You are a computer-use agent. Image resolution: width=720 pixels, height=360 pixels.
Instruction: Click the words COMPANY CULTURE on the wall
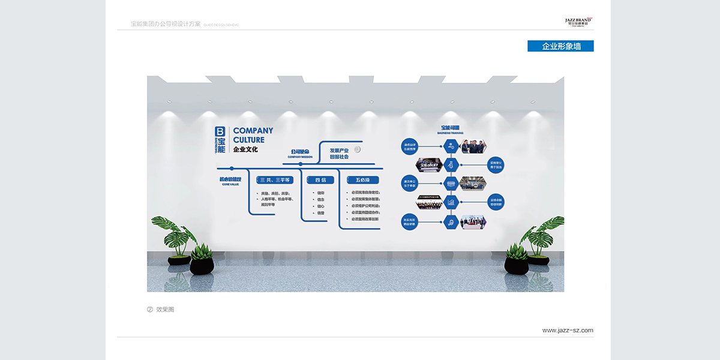click(x=253, y=135)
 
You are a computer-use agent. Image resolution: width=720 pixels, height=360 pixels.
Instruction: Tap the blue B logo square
click(x=220, y=131)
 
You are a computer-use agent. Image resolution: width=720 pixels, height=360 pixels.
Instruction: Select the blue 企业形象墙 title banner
click(x=560, y=46)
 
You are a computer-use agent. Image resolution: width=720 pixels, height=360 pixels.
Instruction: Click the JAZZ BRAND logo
click(x=578, y=21)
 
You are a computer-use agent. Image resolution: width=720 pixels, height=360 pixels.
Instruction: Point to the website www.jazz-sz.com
click(x=568, y=330)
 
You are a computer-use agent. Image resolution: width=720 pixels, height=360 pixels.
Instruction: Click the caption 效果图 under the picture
click(x=165, y=310)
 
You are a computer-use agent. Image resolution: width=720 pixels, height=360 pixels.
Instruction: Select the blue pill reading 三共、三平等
click(x=275, y=180)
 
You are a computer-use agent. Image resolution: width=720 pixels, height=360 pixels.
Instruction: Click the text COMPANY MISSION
click(x=300, y=157)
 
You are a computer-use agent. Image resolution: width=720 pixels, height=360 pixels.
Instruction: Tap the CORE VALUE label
click(x=230, y=185)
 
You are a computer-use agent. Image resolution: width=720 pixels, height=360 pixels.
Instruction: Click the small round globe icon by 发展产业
click(x=357, y=149)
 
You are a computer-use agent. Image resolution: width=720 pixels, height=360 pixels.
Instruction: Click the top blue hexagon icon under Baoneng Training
click(x=451, y=146)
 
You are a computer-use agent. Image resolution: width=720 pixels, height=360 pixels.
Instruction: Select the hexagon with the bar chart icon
click(x=451, y=203)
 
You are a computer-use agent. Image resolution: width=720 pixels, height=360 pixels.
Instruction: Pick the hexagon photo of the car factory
click(x=473, y=183)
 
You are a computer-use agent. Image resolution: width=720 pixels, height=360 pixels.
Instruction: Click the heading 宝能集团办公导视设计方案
click(x=166, y=24)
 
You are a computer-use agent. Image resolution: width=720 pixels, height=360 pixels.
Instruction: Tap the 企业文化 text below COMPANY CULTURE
click(x=245, y=149)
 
